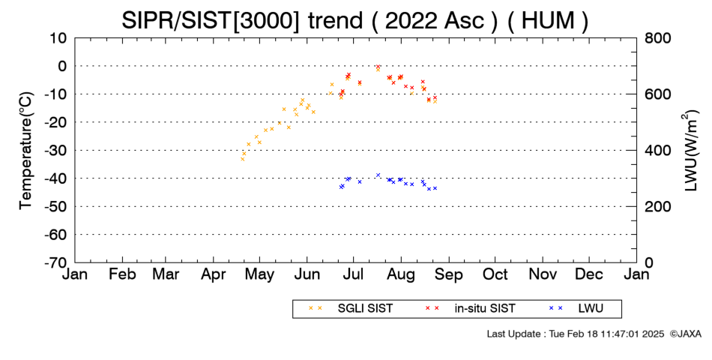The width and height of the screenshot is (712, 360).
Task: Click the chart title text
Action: point(355,20)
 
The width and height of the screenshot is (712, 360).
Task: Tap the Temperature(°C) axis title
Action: point(26,151)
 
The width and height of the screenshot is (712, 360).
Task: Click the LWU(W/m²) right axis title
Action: point(689,151)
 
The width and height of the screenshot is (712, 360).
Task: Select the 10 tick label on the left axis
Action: point(58,37)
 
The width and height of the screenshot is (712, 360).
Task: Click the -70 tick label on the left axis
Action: point(55,262)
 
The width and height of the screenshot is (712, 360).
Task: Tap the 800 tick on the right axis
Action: point(657,37)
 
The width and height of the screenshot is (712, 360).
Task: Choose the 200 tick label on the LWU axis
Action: point(657,206)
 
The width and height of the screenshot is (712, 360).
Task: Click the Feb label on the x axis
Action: point(122,274)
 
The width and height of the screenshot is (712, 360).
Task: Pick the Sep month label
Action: point(449,274)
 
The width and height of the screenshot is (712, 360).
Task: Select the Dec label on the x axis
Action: point(589,274)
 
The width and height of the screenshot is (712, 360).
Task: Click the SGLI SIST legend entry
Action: point(351,308)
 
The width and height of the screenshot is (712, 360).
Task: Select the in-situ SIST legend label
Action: point(470,308)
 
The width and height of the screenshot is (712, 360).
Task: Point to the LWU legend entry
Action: point(576,308)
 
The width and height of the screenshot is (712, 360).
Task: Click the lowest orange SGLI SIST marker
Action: point(243,159)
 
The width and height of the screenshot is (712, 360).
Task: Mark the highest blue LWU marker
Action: point(378,175)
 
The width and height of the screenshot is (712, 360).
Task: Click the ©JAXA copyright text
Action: point(685,334)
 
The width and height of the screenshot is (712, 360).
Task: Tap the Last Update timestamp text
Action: point(576,334)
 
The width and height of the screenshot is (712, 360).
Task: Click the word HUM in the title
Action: point(548,21)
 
